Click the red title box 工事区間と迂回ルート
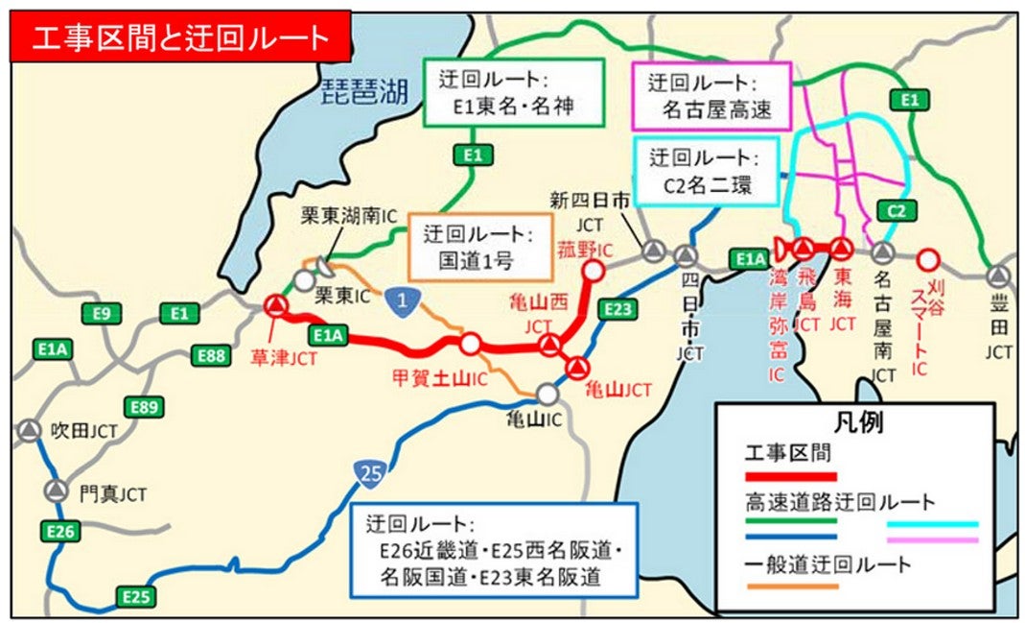click(180, 36)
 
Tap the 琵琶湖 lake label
click(363, 91)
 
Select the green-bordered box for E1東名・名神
click(513, 93)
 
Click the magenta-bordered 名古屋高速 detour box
click(710, 97)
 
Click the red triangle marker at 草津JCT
click(275, 305)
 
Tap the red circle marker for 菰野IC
click(594, 271)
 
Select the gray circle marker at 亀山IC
click(547, 394)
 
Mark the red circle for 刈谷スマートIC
click(927, 258)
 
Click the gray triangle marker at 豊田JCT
click(998, 276)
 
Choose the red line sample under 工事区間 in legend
click(790, 476)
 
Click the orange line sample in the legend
click(790, 585)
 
